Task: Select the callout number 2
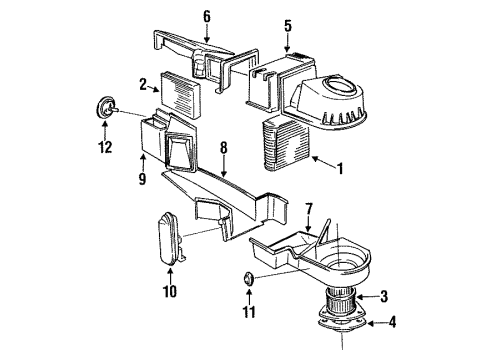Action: coord(143,84)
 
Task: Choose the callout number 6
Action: coord(207,15)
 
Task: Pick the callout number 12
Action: coord(103,149)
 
